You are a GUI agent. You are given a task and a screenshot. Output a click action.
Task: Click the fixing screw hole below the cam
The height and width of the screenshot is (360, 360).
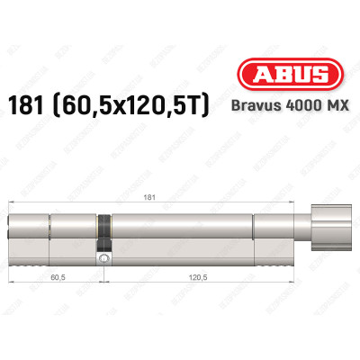click(x=106, y=259)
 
